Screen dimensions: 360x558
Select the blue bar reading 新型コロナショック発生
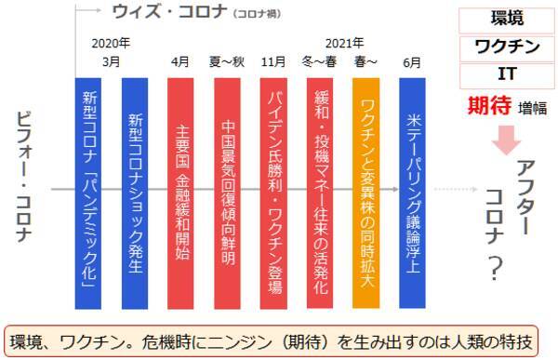pos(135,193)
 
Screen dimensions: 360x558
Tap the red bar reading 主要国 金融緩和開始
pos(181,193)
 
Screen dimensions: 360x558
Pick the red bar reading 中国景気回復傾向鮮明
pos(228,193)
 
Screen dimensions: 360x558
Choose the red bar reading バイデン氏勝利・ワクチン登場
pos(274,193)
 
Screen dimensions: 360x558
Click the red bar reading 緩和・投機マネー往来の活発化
pos(321,193)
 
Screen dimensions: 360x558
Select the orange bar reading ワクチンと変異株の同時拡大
pos(367,193)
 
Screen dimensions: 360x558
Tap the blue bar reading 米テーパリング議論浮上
pos(413,193)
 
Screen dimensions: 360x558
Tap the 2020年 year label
pos(111,43)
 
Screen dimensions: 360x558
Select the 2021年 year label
pos(344,43)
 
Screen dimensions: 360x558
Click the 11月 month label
pos(274,63)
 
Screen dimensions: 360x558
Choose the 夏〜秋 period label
pos(228,63)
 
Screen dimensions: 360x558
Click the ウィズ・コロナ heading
pos(154,12)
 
